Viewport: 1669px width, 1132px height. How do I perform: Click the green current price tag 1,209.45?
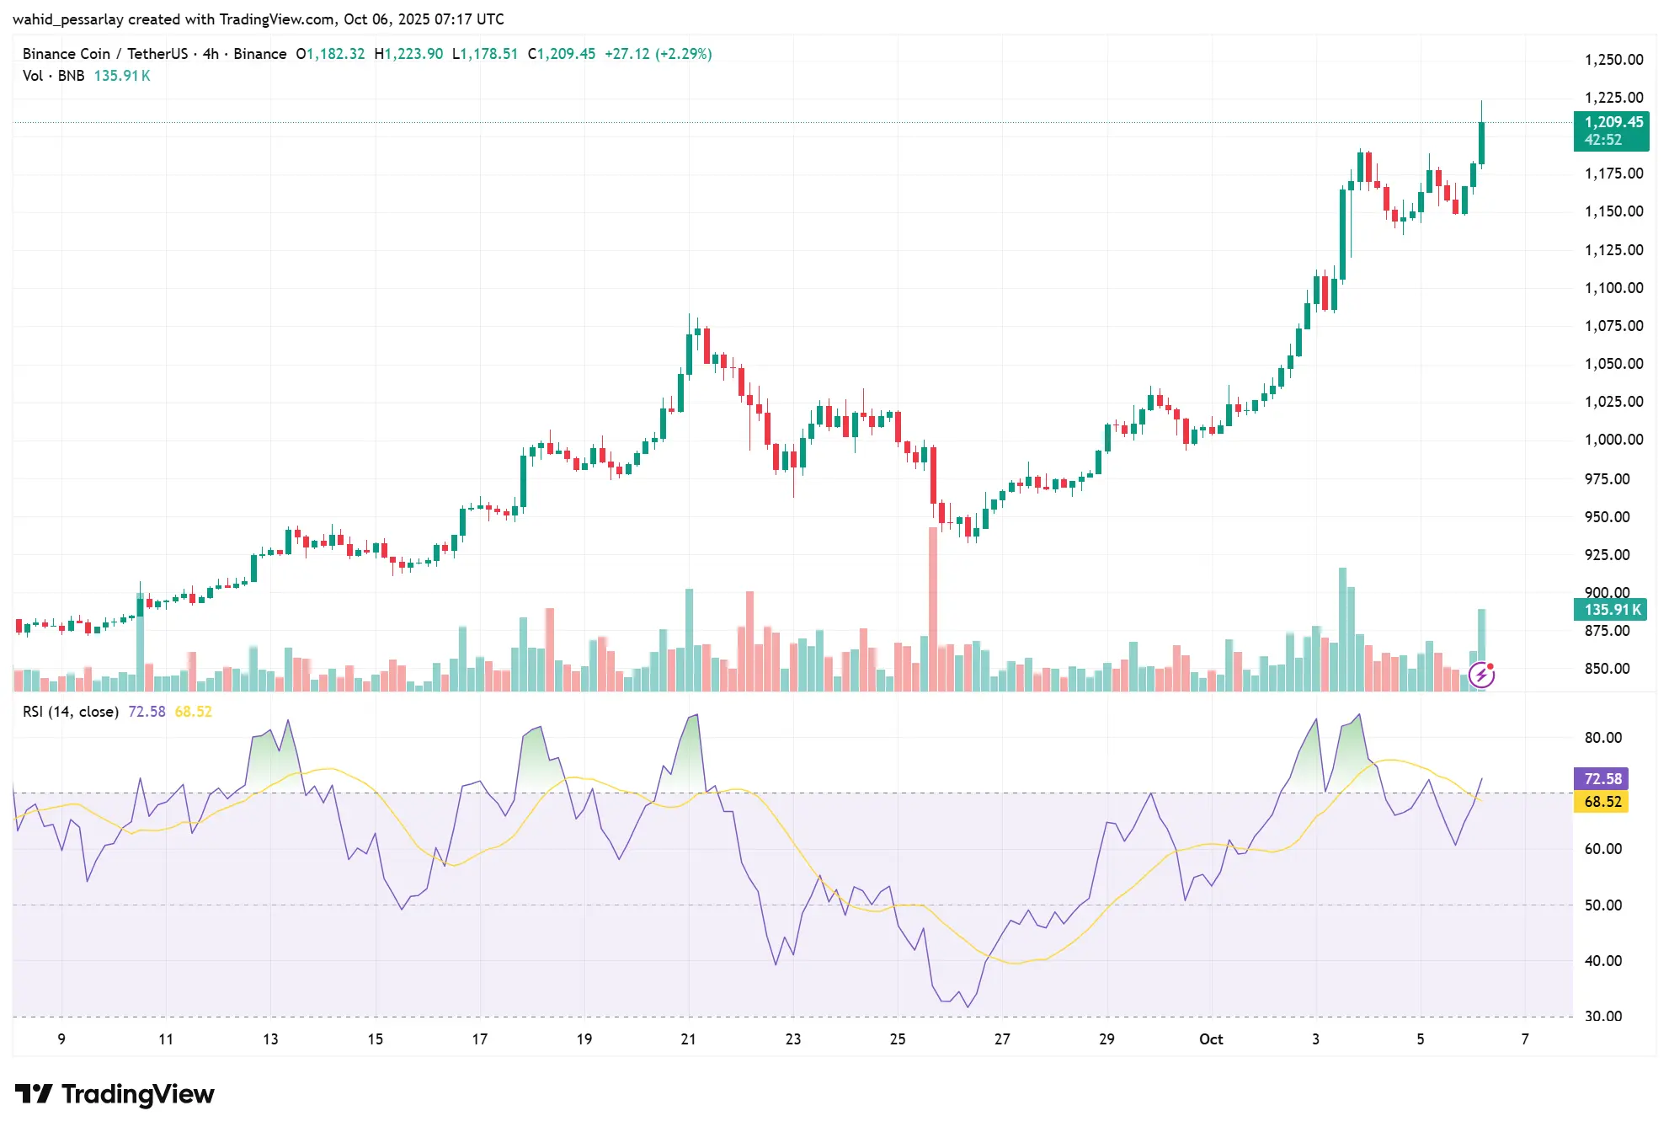pyautogui.click(x=1611, y=123)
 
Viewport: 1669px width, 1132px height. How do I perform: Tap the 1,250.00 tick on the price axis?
pyautogui.click(x=1613, y=60)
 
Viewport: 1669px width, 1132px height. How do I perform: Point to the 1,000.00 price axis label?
pyautogui.click(x=1613, y=440)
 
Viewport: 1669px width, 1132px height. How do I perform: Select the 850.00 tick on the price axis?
pyautogui.click(x=1607, y=669)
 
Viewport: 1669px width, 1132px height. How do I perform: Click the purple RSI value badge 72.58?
pyautogui.click(x=1601, y=779)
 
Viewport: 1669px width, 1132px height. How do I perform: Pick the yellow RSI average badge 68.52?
pyautogui.click(x=1601, y=802)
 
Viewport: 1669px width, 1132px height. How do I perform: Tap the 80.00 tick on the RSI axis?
pyautogui.click(x=1602, y=738)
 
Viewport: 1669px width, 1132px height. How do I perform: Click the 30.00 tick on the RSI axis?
pyautogui.click(x=1602, y=1017)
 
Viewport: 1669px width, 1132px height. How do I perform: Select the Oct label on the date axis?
pyautogui.click(x=1211, y=1039)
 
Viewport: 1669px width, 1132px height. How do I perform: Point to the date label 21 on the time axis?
pyautogui.click(x=688, y=1039)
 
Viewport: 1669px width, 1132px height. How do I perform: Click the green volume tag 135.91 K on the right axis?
pyautogui.click(x=1610, y=610)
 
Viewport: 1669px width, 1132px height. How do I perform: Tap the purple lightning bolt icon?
pyautogui.click(x=1481, y=675)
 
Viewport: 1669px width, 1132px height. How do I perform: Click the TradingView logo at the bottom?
pyautogui.click(x=115, y=1094)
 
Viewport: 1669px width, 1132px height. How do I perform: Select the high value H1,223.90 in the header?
pyautogui.click(x=408, y=54)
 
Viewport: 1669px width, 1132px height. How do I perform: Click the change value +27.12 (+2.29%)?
pyautogui.click(x=658, y=54)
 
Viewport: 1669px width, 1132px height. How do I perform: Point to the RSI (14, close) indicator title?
pyautogui.click(x=71, y=712)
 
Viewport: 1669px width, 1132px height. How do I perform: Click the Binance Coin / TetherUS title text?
pyautogui.click(x=105, y=54)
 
